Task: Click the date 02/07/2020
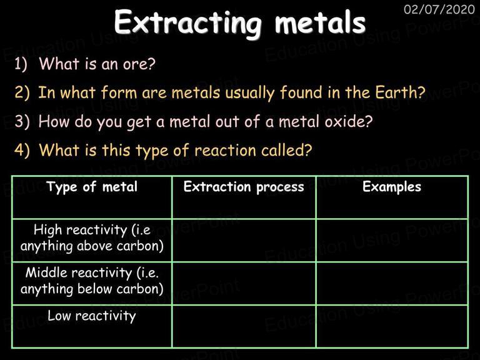point(439,9)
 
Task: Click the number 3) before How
point(22,121)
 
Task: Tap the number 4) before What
point(22,150)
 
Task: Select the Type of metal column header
point(92,187)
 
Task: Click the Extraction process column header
point(244,187)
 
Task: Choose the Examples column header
point(392,187)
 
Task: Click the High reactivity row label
point(92,238)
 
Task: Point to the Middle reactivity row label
point(92,281)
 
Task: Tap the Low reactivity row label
point(92,316)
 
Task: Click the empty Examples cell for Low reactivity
point(392,326)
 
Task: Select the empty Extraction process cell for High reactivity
point(244,240)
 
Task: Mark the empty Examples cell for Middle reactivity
point(392,284)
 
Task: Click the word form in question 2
point(119,92)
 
